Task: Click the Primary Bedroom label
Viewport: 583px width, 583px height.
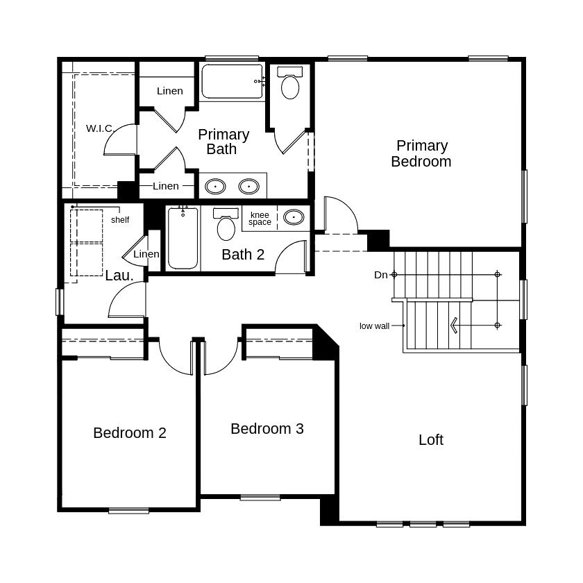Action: coord(421,153)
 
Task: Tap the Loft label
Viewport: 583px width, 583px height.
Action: coord(431,440)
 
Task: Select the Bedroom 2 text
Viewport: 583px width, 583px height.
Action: coord(129,433)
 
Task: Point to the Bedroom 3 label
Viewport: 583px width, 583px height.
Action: coord(267,429)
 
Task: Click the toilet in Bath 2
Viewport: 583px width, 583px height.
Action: coord(226,224)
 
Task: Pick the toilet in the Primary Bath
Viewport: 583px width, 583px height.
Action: coord(290,83)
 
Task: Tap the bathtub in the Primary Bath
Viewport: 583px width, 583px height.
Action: coord(232,81)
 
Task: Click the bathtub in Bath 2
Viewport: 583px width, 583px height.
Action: coord(183,238)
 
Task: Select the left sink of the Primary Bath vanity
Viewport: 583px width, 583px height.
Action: coord(215,186)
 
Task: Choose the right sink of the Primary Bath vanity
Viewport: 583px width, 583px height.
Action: coord(248,186)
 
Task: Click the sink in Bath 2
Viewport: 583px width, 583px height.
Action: coord(294,217)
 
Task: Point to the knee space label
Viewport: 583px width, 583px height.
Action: coord(260,219)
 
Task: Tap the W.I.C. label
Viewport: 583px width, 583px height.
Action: coord(100,128)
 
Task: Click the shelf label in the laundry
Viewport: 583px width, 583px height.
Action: coord(120,220)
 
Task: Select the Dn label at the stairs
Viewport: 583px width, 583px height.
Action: coord(381,275)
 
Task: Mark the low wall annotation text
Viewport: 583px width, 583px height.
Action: coord(374,326)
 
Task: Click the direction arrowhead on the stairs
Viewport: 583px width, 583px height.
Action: coord(453,326)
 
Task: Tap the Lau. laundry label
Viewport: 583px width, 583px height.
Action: coord(119,276)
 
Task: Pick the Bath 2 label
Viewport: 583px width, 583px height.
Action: coord(243,255)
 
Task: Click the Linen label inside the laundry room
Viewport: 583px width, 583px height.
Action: coord(146,254)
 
